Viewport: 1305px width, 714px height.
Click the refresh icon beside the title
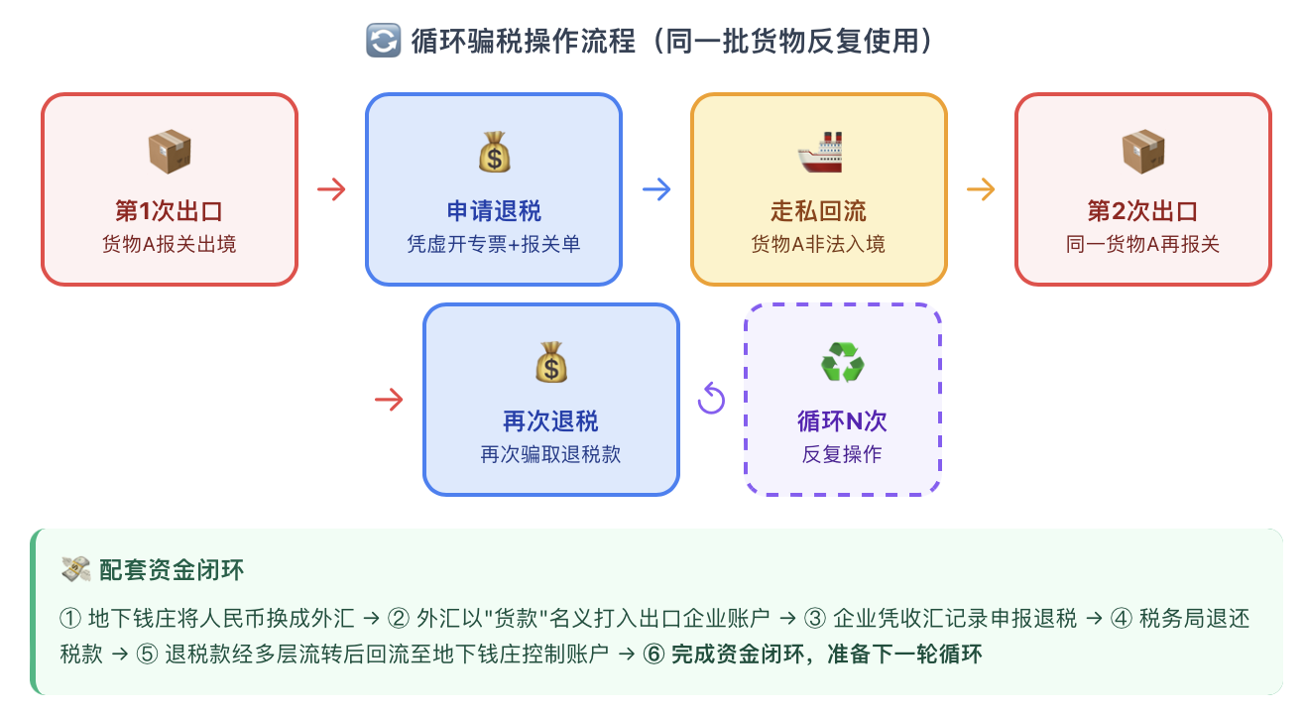(x=384, y=41)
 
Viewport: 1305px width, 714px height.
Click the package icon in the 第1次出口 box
(x=170, y=152)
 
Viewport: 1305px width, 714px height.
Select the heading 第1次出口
(x=169, y=211)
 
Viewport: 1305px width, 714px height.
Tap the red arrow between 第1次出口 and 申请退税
(x=331, y=189)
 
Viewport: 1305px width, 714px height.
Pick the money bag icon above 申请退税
(x=494, y=152)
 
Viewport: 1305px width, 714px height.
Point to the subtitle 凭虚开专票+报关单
(x=494, y=244)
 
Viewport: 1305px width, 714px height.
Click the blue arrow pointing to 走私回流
(x=656, y=189)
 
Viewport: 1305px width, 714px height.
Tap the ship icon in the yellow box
(x=819, y=152)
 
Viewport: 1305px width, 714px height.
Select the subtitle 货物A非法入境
(x=818, y=244)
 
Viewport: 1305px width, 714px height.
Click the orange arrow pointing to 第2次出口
(x=981, y=189)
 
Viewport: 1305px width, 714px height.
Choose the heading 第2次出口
(x=1143, y=211)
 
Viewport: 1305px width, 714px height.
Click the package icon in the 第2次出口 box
(x=1143, y=152)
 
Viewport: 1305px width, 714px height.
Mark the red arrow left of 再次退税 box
(x=389, y=400)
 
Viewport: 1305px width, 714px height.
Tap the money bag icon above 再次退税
(x=551, y=362)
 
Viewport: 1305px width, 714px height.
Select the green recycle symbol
(x=843, y=362)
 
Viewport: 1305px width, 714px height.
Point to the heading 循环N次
(x=843, y=421)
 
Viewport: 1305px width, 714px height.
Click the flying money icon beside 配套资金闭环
(x=75, y=569)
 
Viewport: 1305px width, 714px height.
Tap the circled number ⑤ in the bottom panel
(x=147, y=654)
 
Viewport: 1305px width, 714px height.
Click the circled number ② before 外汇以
(x=399, y=619)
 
